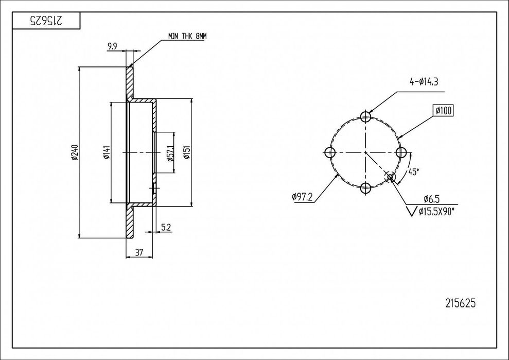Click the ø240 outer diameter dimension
(x=74, y=152)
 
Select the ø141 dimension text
(x=106, y=152)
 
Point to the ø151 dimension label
(x=187, y=152)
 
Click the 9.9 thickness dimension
(x=112, y=47)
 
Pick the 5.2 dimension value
(x=166, y=228)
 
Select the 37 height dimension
(x=139, y=252)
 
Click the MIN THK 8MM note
(x=187, y=36)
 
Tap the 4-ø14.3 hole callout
(x=424, y=82)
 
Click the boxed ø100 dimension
(x=443, y=111)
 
